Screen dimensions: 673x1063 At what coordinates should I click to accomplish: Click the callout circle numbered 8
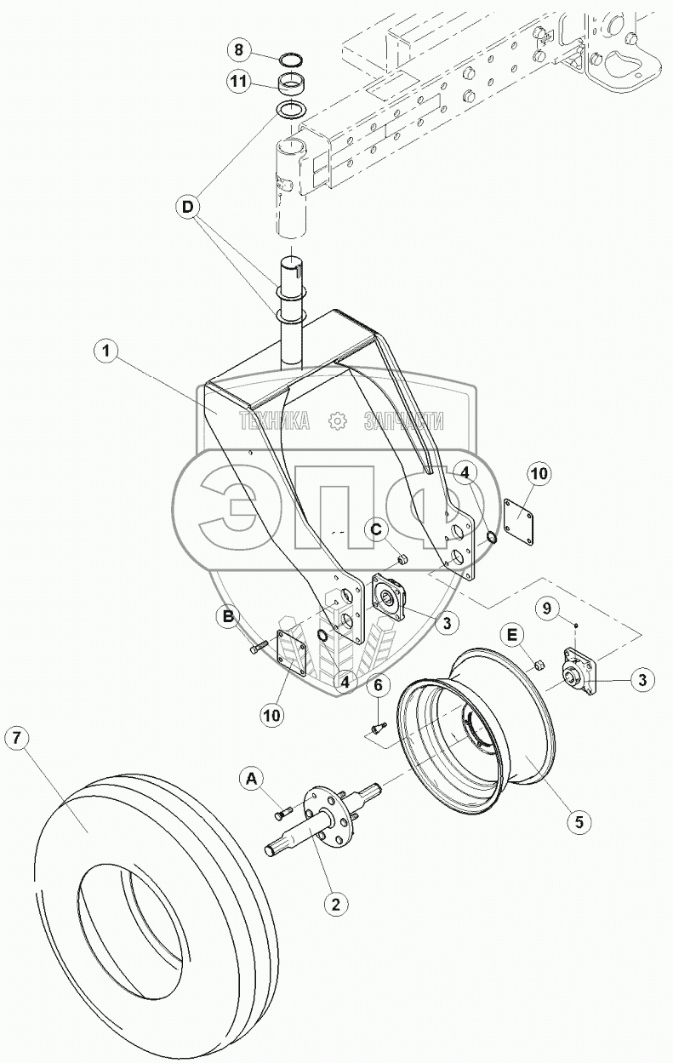pos(239,50)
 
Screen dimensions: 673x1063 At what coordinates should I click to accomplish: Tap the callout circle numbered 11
pos(239,83)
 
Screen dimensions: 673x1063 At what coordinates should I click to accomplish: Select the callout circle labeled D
pos(189,205)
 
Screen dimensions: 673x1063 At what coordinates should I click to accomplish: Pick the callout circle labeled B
pos(228,617)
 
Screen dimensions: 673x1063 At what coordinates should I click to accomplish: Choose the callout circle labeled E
pos(513,634)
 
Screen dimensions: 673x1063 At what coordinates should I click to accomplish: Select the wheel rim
pos(476,723)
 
